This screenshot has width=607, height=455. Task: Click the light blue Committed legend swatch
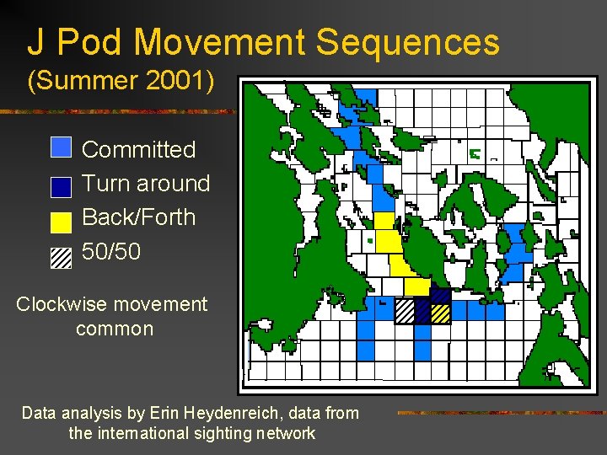point(62,147)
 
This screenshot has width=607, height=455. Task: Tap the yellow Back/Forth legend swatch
point(62,222)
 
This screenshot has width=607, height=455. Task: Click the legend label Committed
point(138,150)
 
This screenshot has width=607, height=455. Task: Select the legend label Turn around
point(145,184)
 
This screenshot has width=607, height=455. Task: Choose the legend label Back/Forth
point(138,217)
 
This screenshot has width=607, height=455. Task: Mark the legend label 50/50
point(111,251)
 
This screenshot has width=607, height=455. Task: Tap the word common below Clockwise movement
point(115,329)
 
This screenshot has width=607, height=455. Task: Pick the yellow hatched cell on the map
point(440,313)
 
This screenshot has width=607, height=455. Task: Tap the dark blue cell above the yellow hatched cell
point(440,296)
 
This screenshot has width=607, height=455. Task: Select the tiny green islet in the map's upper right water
point(475,154)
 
